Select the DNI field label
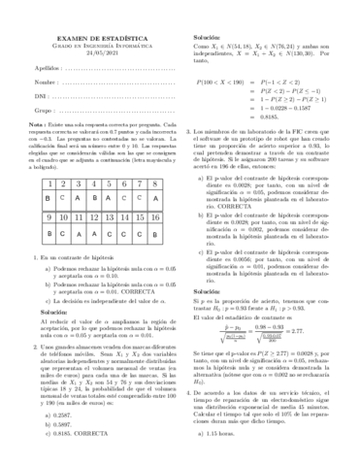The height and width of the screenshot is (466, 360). (27, 99)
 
